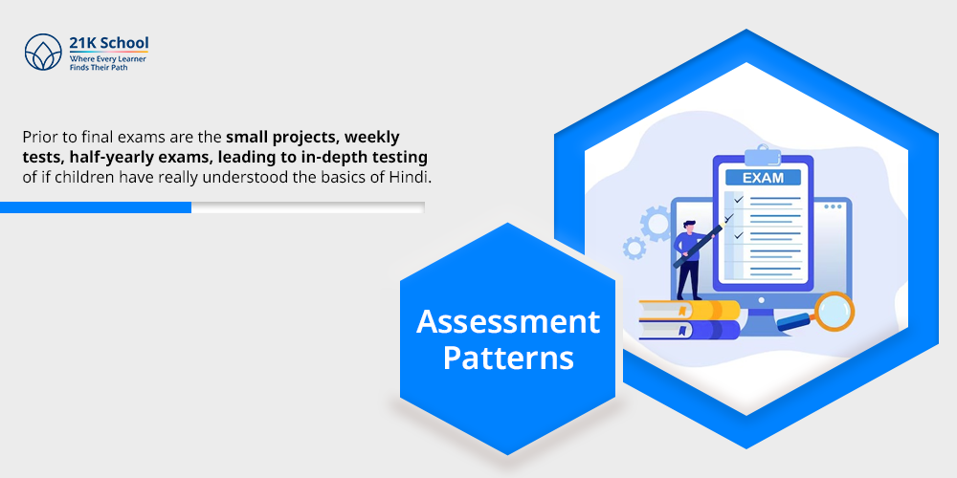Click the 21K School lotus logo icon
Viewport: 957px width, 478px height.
coord(42,54)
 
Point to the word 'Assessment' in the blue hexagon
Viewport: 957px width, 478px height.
coord(507,321)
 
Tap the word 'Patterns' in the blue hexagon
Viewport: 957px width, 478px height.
coord(507,358)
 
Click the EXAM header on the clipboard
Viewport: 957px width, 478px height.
coord(762,177)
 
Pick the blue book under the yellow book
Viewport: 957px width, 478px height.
coord(690,330)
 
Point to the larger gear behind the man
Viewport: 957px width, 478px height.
coord(657,225)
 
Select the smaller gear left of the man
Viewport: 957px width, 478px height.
coord(634,249)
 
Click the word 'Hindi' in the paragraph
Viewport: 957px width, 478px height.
coord(413,176)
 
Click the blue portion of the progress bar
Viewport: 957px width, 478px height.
coord(96,207)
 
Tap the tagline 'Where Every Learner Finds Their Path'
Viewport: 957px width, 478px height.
coord(107,64)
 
